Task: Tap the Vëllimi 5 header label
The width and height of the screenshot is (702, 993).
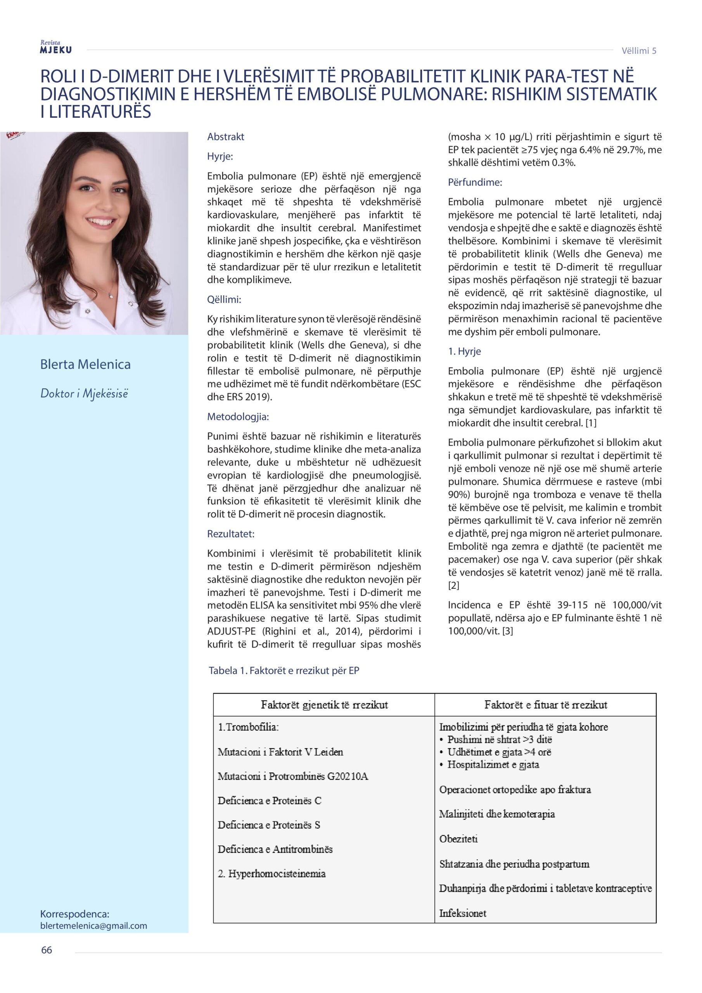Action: click(x=638, y=50)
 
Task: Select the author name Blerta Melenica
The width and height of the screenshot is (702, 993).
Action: click(x=85, y=364)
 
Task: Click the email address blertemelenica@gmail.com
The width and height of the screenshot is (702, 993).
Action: click(x=93, y=926)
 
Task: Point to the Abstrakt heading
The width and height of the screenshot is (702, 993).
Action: click(x=225, y=137)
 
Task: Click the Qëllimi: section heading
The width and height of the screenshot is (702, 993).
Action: click(x=224, y=299)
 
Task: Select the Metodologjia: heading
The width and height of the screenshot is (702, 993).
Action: click(x=238, y=417)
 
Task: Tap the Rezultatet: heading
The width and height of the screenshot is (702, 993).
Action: click(x=230, y=534)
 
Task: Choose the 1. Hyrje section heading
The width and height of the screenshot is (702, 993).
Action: click(x=464, y=351)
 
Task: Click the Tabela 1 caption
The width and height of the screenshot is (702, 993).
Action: click(x=284, y=670)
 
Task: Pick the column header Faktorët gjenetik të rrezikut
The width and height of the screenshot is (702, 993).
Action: click(x=324, y=705)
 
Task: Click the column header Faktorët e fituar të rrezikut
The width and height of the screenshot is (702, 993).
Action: click(x=545, y=705)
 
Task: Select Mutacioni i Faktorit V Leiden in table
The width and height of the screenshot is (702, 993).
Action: click(x=280, y=752)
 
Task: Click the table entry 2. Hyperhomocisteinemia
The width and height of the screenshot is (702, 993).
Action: click(x=271, y=874)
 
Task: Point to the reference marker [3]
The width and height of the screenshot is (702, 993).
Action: click(x=507, y=631)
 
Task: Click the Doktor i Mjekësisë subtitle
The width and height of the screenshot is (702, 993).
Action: click(x=84, y=393)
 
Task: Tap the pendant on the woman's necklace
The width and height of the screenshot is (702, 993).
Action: click(x=110, y=296)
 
